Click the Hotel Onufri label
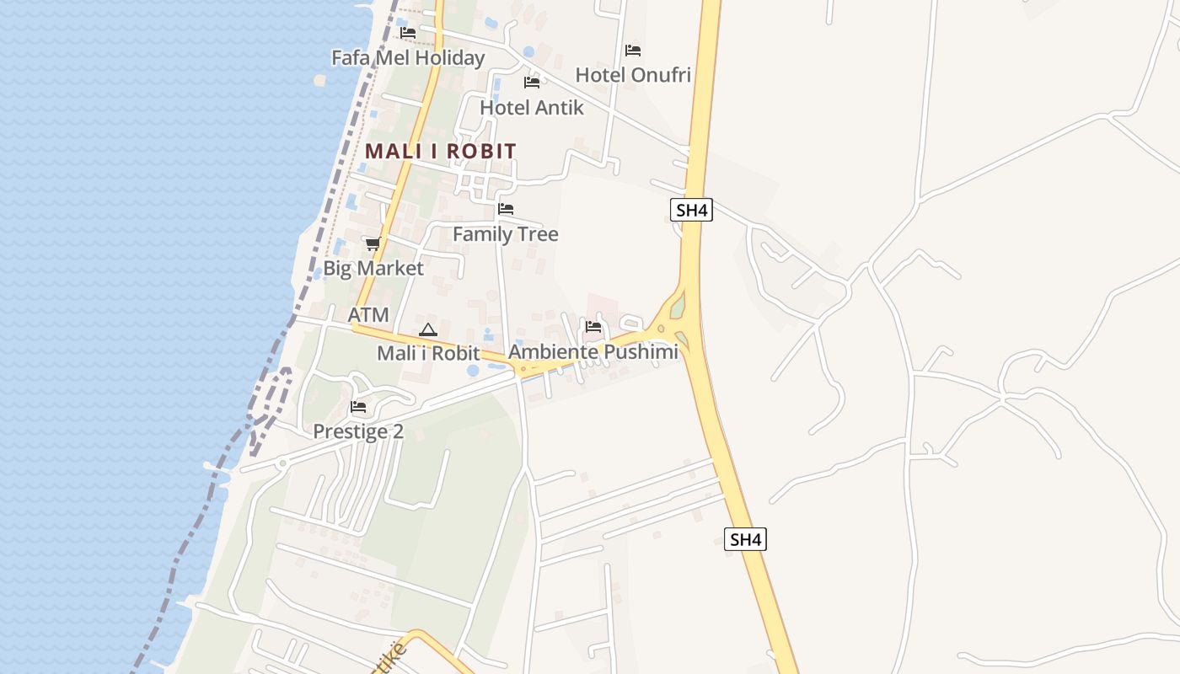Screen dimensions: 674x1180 pos(633,75)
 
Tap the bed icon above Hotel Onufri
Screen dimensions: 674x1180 pos(633,51)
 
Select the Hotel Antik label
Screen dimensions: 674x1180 pos(532,108)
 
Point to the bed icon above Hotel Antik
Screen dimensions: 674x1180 pos(532,83)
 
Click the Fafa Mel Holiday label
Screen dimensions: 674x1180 pos(408,58)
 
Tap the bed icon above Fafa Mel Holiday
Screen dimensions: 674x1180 pos(408,33)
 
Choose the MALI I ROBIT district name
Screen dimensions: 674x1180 pos(440,152)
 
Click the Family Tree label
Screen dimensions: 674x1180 pos(506,234)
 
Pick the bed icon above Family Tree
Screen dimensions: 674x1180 pos(506,209)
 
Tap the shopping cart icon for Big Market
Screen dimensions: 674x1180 pos(373,243)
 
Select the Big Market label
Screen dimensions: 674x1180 pos(373,269)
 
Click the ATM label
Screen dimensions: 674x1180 pos(369,315)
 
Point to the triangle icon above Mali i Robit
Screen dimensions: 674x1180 pos(428,329)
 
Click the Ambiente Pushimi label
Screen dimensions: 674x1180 pos(593,352)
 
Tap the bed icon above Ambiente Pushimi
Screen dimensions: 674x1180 pos(593,327)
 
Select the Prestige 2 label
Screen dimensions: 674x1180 pos(358,432)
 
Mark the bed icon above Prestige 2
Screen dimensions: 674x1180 pos(358,408)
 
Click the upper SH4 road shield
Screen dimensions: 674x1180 pos(692,210)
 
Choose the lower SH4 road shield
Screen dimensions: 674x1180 pos(746,539)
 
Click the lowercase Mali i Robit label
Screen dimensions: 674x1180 pos(428,354)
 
